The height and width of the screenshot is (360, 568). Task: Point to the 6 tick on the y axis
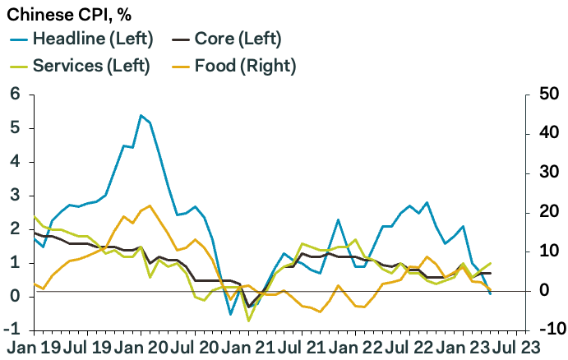[x=14, y=94]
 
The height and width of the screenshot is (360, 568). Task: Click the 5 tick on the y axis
[x=14, y=127]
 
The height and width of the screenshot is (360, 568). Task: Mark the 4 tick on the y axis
[x=14, y=161]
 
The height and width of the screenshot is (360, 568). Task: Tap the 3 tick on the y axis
[x=14, y=194]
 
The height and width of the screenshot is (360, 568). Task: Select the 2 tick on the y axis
[x=14, y=228]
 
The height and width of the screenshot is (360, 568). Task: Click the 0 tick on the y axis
[x=14, y=294]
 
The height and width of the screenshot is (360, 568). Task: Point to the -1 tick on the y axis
[x=12, y=328]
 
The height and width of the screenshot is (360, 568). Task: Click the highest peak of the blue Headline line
[x=141, y=115]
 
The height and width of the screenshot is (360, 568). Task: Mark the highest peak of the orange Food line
[x=150, y=205]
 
